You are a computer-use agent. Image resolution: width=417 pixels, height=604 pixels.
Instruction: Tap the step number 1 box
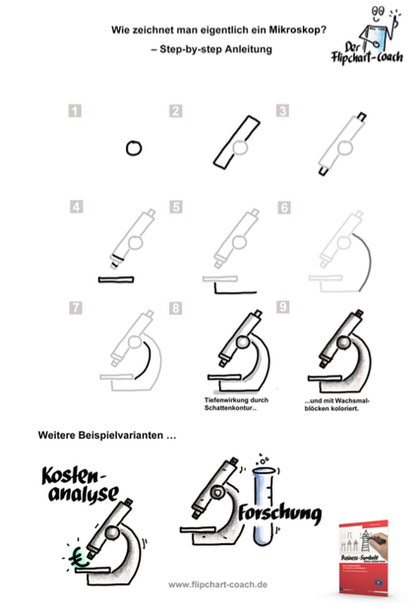[74, 112]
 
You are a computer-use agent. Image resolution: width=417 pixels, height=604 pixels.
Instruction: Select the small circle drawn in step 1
[134, 149]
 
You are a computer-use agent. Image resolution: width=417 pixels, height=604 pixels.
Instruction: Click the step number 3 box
[282, 112]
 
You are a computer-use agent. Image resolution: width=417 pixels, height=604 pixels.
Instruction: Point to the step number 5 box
[176, 209]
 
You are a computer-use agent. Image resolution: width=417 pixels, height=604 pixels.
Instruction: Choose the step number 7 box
[74, 309]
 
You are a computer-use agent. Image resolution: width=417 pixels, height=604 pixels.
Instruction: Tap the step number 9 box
[282, 309]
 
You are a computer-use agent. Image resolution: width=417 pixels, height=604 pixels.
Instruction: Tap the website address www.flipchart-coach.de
[209, 584]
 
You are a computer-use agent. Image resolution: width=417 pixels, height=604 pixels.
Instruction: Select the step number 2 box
[176, 112]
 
